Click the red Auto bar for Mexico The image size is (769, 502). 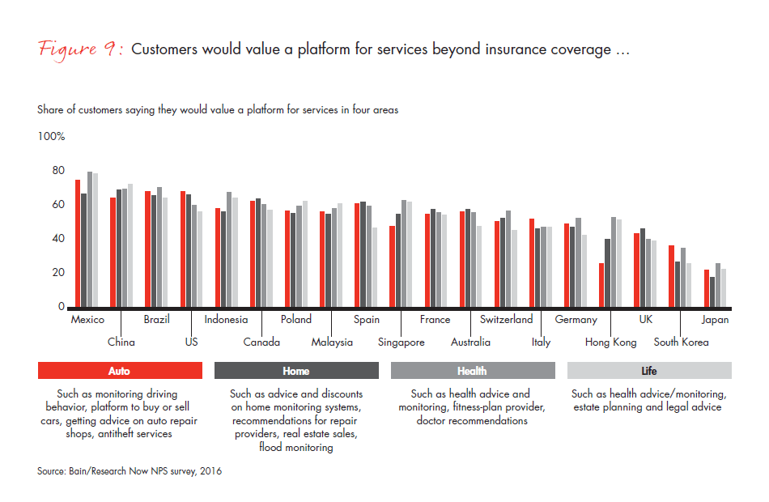click(78, 243)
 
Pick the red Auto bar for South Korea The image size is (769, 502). click(671, 276)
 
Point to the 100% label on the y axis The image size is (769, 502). click(51, 137)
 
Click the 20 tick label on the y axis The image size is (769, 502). click(58, 273)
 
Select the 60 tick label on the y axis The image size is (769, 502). click(58, 205)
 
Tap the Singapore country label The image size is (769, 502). click(401, 342)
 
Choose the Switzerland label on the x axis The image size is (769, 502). click(506, 320)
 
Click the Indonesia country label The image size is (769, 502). click(226, 320)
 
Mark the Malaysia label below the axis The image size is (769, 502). click(332, 342)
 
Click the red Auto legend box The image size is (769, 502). click(119, 371)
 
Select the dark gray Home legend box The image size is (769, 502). click(296, 371)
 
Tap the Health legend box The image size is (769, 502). click(472, 371)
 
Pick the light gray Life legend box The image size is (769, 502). click(649, 371)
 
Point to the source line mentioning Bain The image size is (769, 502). click(130, 471)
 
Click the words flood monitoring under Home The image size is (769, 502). click(296, 448)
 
